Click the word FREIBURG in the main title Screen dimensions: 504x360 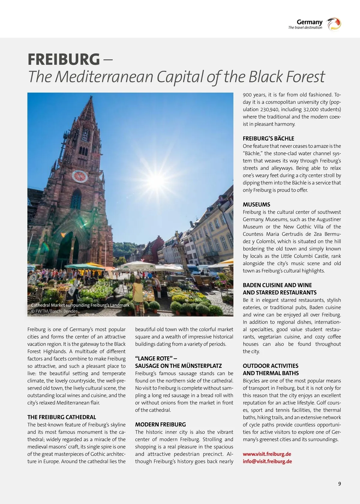click(x=64, y=59)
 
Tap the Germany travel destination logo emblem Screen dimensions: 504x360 click(x=334, y=24)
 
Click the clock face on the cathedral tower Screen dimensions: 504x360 click(x=79, y=176)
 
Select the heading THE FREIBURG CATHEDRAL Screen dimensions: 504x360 click(x=62, y=417)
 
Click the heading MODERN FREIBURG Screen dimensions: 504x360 click(x=160, y=424)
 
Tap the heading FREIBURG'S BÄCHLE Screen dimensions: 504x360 click(x=268, y=139)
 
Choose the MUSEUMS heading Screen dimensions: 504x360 click(x=256, y=205)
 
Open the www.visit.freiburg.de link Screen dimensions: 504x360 click(x=267, y=454)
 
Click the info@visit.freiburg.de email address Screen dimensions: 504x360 click(x=267, y=461)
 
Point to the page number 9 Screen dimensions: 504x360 click(x=339, y=484)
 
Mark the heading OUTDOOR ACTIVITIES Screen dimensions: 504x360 click(x=270, y=366)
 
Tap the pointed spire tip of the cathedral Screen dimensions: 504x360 click(x=90, y=98)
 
